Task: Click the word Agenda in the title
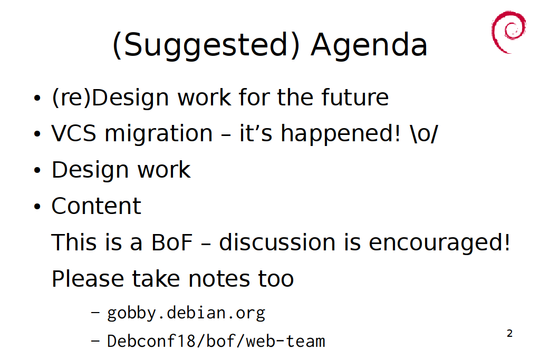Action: click(x=369, y=45)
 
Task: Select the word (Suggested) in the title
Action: click(x=206, y=45)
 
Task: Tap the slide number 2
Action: click(x=510, y=333)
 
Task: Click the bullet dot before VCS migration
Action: click(x=37, y=134)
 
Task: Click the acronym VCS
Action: click(x=74, y=133)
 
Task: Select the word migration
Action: click(x=159, y=134)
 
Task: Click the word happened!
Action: click(x=341, y=134)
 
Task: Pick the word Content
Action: click(x=96, y=206)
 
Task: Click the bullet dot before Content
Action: click(x=37, y=207)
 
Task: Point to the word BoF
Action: click(x=171, y=242)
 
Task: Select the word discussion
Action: click(x=277, y=241)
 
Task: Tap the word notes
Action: click(x=219, y=278)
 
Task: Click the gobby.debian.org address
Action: click(x=186, y=313)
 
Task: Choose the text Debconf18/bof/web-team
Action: click(x=216, y=341)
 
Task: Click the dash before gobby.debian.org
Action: click(x=95, y=313)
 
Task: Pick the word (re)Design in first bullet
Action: click(x=110, y=98)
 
